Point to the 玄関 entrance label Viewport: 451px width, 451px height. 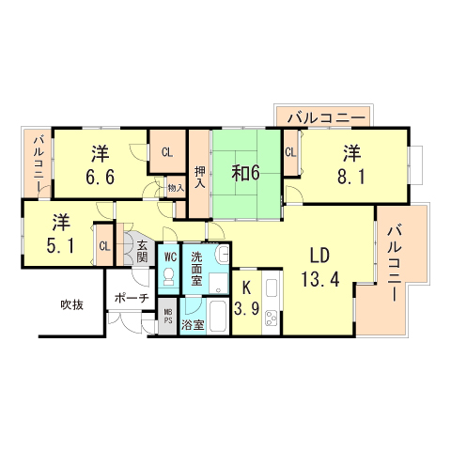[142, 250]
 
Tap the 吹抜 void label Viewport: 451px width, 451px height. [71, 304]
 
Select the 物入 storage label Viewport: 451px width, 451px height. [176, 188]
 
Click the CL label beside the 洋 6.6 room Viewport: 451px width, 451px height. [167, 152]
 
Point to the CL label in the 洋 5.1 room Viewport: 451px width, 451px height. [103, 246]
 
